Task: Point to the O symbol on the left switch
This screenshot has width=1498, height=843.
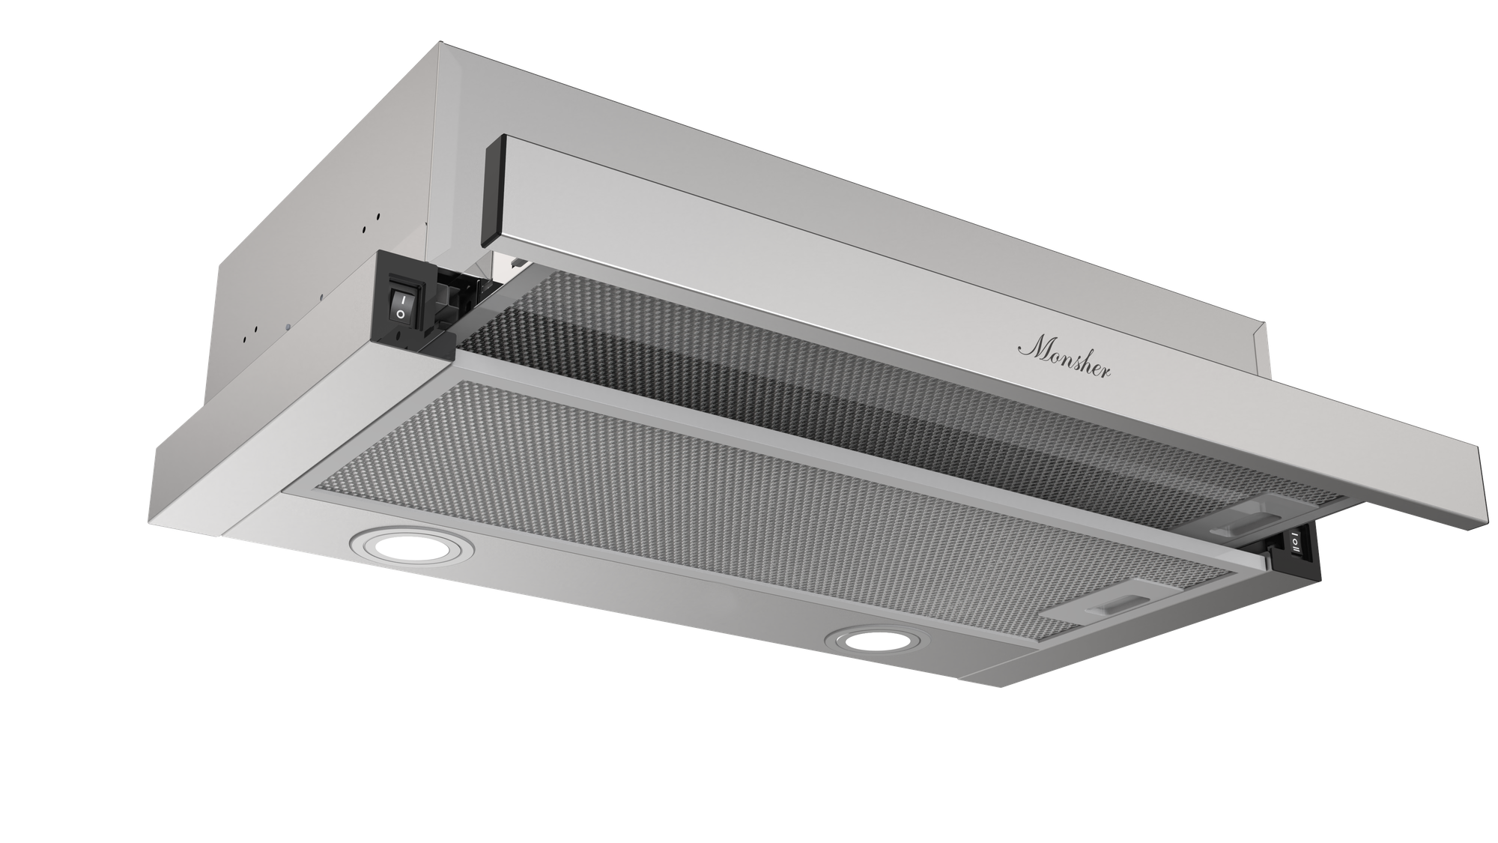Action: tap(401, 315)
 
